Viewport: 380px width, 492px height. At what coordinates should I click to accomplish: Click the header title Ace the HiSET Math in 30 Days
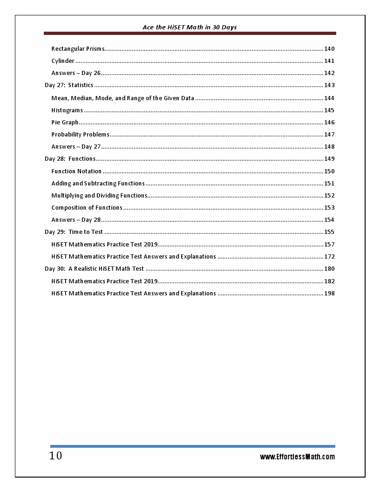190,27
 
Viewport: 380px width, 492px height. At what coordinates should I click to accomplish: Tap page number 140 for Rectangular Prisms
329,49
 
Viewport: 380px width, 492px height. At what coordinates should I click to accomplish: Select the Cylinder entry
63,61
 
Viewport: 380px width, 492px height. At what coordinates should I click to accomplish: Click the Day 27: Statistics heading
69,85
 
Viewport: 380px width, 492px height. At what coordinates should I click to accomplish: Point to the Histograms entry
67,110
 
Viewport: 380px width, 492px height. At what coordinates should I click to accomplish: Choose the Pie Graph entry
65,123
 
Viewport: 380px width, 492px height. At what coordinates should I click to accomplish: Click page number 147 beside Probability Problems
329,135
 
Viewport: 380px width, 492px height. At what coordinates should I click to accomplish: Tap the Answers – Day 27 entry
76,147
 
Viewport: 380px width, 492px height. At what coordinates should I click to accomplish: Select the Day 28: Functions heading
70,159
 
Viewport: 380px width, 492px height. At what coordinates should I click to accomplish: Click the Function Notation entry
76,171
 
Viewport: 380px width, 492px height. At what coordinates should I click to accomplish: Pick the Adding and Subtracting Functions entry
98,184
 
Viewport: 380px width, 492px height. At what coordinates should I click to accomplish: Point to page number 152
329,196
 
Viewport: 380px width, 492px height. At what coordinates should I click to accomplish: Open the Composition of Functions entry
87,208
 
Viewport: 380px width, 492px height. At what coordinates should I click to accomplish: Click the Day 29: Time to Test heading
74,232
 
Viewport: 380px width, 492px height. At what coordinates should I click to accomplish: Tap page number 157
329,245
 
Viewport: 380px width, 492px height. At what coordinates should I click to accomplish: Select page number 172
329,257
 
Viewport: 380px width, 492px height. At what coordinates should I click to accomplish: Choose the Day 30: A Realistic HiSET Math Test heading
94,269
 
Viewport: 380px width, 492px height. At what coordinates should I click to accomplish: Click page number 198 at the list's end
329,294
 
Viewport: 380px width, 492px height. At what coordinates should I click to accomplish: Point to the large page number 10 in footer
55,456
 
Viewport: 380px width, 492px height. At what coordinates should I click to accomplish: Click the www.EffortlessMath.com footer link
297,457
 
